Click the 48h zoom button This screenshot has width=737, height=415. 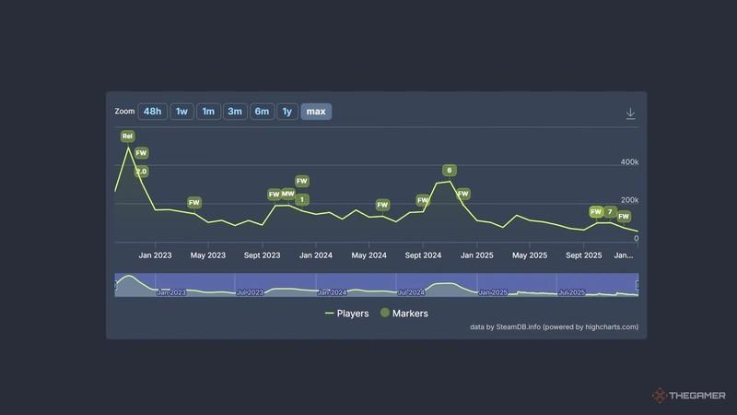pos(153,112)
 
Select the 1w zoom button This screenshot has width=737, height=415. pos(181,112)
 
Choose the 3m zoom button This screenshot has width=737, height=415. pos(235,112)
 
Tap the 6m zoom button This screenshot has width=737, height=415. pos(262,112)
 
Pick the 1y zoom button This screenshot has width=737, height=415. pos(287,112)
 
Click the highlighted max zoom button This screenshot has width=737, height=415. pos(316,112)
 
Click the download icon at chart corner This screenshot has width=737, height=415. pos(631,113)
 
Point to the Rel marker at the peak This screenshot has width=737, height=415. pos(127,136)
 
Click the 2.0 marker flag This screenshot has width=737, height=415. pos(141,172)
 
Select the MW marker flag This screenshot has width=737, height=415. pos(287,194)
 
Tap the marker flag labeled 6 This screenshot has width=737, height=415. pos(449,170)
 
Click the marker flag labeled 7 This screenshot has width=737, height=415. pos(610,212)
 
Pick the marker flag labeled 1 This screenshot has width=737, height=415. pos(302,199)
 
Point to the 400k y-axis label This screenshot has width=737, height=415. pos(629,161)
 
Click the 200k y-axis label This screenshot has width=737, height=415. pos(629,200)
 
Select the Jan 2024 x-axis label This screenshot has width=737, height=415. pos(316,255)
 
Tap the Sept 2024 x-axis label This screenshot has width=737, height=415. pos(426,255)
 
